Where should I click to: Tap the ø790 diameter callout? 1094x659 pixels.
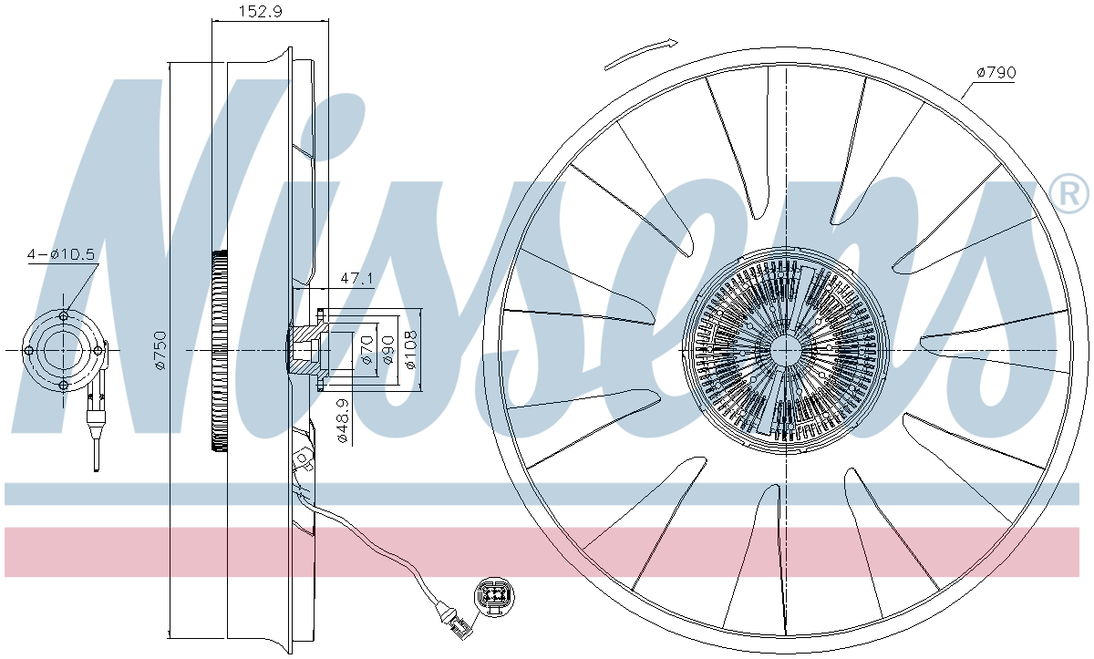coord(996,72)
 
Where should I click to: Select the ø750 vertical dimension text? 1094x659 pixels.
coord(160,350)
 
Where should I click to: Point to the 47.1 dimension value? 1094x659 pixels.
coord(356,278)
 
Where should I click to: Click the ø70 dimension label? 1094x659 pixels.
coord(366,350)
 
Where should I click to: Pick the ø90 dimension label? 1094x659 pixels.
coord(388,350)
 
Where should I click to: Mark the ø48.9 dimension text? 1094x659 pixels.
coord(342,421)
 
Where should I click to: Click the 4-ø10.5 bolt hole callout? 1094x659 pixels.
coord(61,255)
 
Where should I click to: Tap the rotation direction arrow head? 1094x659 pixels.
coord(670,42)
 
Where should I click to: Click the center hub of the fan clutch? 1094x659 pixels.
coord(785,351)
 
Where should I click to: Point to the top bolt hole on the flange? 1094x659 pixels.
coord(63,316)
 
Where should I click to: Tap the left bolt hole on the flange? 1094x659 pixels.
coord(29,351)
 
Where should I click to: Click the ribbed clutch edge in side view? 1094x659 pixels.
coord(217,351)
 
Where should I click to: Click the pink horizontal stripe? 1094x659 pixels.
coord(547,551)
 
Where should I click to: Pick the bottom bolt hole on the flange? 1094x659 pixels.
coord(63,386)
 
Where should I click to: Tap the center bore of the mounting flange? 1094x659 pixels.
coord(63,351)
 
